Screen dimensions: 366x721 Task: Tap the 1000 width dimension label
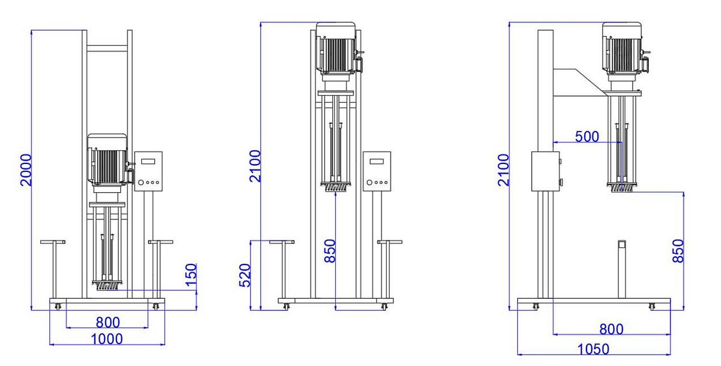coord(106,339)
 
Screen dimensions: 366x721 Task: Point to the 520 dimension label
coord(245,275)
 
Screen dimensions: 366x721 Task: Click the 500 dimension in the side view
coord(586,136)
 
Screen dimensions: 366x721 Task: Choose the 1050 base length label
coord(592,349)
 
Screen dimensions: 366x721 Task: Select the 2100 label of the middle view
coord(255,166)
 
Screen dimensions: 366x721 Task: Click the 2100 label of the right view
coord(503,170)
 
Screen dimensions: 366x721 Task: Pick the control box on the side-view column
coord(545,171)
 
